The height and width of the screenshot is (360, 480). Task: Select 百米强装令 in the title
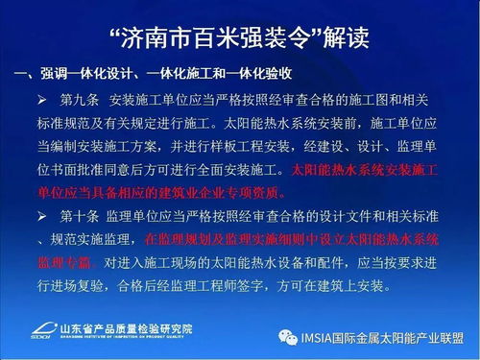coord(235,38)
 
